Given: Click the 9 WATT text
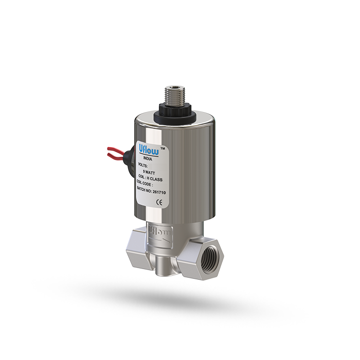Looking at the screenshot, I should click(x=151, y=172).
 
